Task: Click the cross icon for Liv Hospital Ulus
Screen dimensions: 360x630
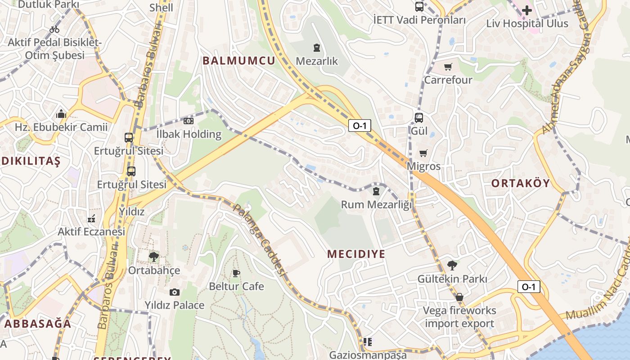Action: click(x=527, y=10)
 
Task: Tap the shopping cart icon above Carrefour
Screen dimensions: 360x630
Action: click(x=448, y=67)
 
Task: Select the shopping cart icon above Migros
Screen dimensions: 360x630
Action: click(x=423, y=153)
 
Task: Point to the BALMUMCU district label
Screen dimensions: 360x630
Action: click(x=238, y=61)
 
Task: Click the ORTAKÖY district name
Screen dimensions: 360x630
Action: click(x=521, y=183)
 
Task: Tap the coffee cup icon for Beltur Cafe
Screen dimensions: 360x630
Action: click(x=236, y=273)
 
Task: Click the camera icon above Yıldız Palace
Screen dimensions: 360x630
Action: click(x=175, y=292)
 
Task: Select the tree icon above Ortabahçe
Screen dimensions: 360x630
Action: click(x=153, y=257)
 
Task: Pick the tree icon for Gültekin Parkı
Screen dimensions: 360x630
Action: click(x=452, y=265)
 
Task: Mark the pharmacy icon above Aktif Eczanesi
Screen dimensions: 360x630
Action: click(x=91, y=219)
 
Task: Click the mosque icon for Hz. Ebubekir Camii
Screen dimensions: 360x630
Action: click(x=61, y=114)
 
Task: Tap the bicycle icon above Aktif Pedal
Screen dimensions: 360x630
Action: click(x=54, y=29)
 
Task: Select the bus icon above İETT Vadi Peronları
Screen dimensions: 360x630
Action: click(x=419, y=7)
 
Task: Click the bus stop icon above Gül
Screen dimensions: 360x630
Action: click(x=418, y=118)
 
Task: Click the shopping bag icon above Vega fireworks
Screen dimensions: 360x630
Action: click(x=459, y=297)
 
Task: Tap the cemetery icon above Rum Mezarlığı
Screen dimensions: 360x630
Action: click(x=376, y=191)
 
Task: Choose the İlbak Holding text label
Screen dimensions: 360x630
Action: click(x=189, y=134)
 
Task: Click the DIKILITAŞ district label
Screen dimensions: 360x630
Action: click(x=31, y=162)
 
